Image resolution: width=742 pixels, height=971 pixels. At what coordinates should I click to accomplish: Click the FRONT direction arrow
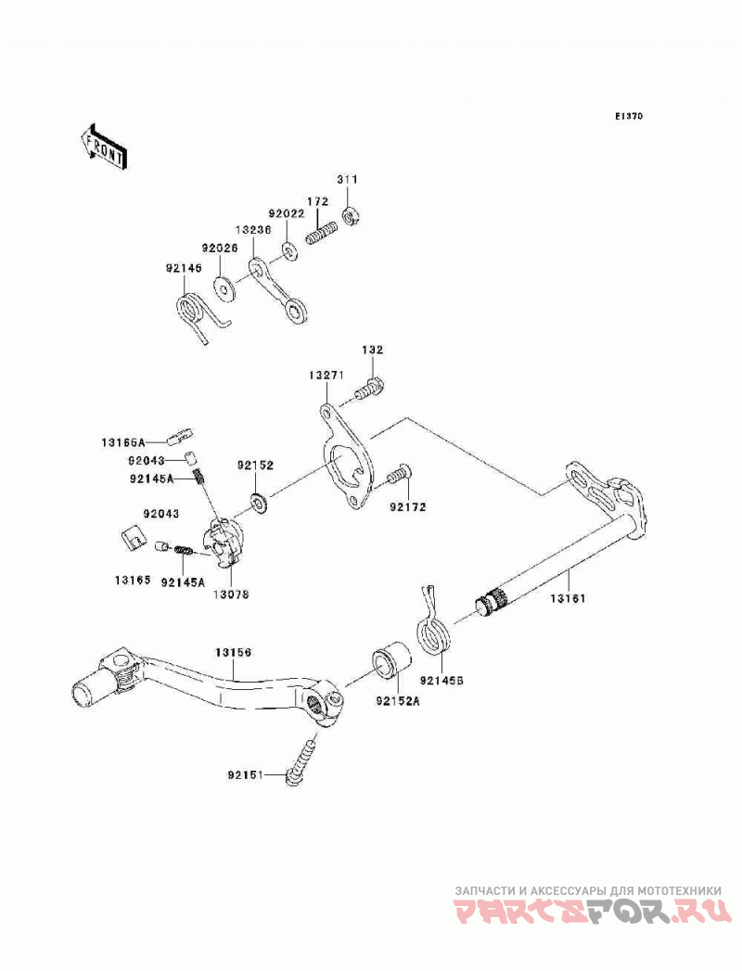(104, 147)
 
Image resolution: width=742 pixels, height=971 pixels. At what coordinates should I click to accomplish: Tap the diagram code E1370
(629, 116)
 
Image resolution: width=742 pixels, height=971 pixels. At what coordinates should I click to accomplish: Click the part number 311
(348, 180)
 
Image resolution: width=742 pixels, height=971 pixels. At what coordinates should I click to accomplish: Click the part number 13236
(253, 228)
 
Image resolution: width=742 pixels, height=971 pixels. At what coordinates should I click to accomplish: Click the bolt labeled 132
(369, 389)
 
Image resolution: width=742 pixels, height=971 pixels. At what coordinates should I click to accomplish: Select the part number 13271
(326, 376)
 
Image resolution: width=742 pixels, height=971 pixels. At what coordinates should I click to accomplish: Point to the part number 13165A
(123, 442)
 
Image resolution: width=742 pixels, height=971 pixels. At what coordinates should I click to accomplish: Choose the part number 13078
(232, 594)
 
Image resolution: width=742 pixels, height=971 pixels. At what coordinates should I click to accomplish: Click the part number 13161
(568, 599)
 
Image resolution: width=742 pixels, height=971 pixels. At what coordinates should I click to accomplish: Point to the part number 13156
(234, 653)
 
